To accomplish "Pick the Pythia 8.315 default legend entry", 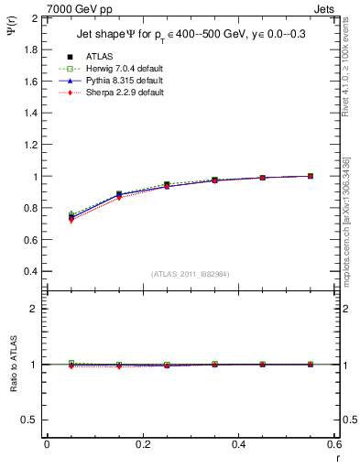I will pyautogui.click(x=122, y=80).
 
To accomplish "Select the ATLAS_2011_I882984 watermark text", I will pyautogui.click(x=191, y=274).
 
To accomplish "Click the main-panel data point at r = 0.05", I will pyautogui.click(x=71, y=216).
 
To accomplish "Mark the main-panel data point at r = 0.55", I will pyautogui.click(x=311, y=176).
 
